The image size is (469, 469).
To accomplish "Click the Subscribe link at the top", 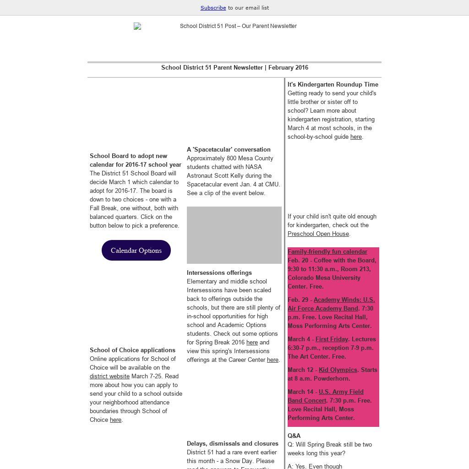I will coord(213,8).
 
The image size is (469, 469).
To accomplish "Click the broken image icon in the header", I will coord(137,27).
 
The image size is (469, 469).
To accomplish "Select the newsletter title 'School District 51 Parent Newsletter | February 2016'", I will coord(234,68).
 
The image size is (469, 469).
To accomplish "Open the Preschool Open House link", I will coord(318,234).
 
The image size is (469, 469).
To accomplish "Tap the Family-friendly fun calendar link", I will coord(327,252).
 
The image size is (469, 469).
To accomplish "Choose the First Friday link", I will coord(332,339).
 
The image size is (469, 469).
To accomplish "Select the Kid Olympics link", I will coord(338,370).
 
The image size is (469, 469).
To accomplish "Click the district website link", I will coord(109,376).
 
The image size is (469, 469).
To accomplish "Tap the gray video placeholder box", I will coord(234,235).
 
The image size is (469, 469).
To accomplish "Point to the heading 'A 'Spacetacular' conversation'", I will coord(229,150).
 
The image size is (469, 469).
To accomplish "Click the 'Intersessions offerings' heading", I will coord(219,273).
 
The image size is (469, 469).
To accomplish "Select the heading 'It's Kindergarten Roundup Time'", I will coord(333,85).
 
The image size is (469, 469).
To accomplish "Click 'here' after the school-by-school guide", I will coord(356,137).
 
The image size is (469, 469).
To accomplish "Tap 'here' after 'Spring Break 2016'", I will coord(252,343).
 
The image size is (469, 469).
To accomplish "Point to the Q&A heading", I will coord(294,436).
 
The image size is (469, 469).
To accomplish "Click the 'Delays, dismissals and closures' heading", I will coord(233,444).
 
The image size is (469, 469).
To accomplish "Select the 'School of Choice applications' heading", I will coord(132,350).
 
